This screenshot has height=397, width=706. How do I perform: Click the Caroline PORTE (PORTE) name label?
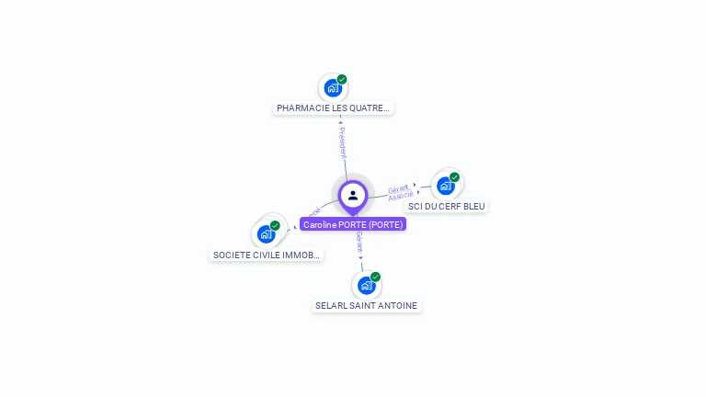(353, 224)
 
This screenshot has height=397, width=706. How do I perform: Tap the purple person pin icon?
(353, 195)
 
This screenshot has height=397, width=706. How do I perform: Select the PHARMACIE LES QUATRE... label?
(333, 108)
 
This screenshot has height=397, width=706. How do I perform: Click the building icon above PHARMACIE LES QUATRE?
(333, 89)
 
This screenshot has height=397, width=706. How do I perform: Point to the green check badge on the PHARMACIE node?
(342, 79)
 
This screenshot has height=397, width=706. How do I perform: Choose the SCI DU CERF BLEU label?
(447, 206)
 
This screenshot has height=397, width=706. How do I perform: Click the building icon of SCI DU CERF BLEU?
(446, 187)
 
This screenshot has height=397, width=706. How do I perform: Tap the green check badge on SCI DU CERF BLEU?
(454, 177)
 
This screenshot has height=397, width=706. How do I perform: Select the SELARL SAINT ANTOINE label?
(366, 305)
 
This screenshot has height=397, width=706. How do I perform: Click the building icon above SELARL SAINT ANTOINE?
(366, 286)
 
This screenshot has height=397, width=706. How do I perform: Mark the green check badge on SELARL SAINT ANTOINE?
(375, 277)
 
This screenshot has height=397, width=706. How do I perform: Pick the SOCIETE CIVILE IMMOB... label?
(266, 255)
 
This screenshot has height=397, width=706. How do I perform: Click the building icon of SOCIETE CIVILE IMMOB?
(266, 234)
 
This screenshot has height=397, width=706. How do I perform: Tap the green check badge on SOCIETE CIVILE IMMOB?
(275, 225)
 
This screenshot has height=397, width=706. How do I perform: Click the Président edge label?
(342, 142)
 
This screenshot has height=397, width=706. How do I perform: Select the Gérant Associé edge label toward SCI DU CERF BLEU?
(400, 193)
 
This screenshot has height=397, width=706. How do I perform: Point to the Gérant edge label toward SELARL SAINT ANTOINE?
(360, 244)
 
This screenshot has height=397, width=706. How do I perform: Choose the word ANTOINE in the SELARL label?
(398, 305)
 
